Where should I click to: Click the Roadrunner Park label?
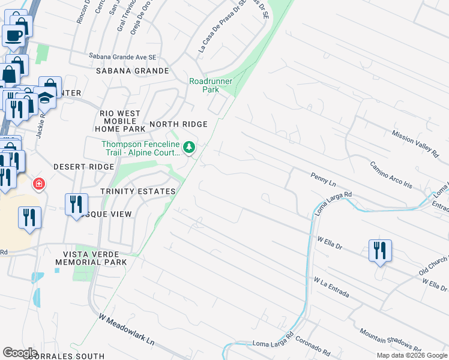203,85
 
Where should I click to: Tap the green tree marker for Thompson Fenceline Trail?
190,147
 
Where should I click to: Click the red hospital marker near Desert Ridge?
39,184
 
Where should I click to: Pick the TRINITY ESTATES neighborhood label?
138,191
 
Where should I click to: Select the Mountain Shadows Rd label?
389,340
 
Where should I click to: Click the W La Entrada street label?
331,287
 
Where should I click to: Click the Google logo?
20,352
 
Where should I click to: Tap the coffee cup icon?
13,35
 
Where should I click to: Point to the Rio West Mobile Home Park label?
120,121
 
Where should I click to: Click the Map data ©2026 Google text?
411,355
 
